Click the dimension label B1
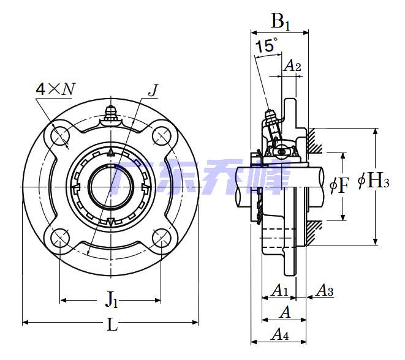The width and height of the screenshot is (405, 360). (x=280, y=23)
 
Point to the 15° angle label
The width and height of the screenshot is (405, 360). (x=267, y=46)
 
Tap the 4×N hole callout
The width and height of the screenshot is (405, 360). (x=55, y=89)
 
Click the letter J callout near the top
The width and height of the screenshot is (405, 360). (x=153, y=91)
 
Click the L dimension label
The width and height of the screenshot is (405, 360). (x=112, y=325)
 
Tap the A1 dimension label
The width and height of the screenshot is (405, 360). (x=279, y=290)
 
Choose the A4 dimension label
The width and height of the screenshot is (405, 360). (x=279, y=334)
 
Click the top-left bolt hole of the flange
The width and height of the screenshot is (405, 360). (x=61, y=136)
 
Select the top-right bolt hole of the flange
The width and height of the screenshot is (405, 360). (x=161, y=136)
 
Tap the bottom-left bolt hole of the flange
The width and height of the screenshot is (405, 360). (x=61, y=236)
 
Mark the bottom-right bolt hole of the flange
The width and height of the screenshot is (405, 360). (x=161, y=236)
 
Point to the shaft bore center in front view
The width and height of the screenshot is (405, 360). (x=110, y=186)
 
